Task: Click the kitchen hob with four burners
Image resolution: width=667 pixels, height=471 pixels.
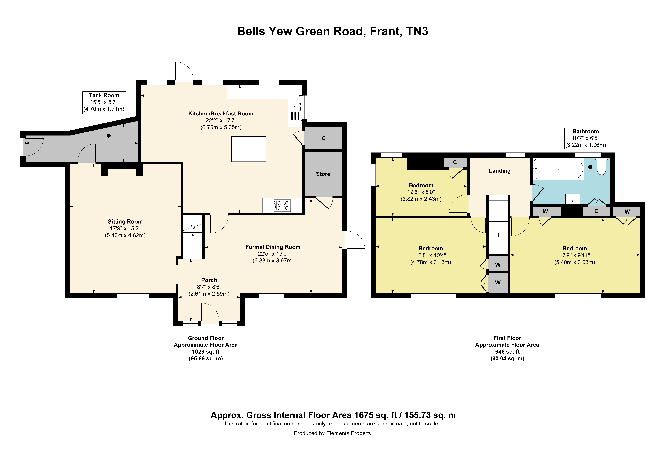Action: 282,205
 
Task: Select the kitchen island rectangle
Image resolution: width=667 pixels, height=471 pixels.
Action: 249,149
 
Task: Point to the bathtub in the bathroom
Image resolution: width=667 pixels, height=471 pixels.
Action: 558,169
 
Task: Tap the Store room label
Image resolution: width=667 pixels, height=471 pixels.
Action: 323,174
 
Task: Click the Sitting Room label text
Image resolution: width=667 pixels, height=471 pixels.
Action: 125,222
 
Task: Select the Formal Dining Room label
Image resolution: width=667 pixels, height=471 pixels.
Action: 273,247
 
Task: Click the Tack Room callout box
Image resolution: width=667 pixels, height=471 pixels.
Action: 104,102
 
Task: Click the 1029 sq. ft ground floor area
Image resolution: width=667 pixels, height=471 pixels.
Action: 206,352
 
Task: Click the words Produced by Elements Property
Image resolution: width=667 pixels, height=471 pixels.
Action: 333,433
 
